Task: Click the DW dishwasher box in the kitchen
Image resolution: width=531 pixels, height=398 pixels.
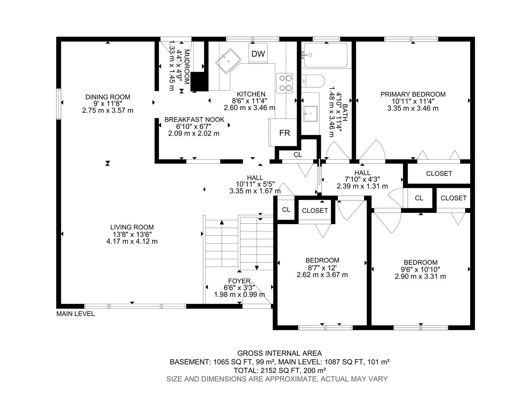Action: [x=258, y=53]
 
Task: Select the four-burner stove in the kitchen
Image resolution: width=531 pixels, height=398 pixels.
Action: [x=285, y=83]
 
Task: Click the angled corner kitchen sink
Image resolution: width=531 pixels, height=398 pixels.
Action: [x=228, y=61]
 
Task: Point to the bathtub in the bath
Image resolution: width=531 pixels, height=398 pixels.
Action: [x=326, y=55]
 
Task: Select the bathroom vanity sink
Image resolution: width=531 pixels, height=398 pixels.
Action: [x=310, y=113]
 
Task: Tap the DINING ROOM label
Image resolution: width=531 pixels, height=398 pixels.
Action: [x=108, y=97]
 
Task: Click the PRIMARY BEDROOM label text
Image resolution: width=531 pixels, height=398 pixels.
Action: [x=413, y=94]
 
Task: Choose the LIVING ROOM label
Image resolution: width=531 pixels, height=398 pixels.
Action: [x=132, y=227]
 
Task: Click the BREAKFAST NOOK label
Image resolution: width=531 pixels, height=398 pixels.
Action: [x=194, y=120]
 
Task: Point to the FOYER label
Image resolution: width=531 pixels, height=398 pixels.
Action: [x=239, y=281]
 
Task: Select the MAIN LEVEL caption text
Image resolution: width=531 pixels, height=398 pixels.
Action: [x=75, y=314]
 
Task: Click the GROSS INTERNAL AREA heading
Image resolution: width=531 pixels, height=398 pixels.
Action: [x=279, y=353]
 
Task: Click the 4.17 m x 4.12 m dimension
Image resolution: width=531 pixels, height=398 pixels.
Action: [x=132, y=241]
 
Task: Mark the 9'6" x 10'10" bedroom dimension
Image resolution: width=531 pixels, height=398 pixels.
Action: [x=420, y=269]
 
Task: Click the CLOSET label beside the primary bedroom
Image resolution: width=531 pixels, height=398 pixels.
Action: [x=439, y=173]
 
